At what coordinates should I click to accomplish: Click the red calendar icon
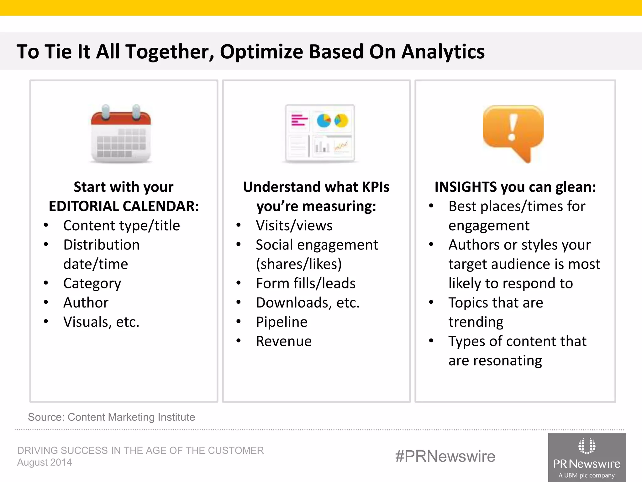[x=121, y=134]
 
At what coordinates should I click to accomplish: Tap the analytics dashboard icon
[x=320, y=134]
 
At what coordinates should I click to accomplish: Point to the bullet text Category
[x=92, y=284]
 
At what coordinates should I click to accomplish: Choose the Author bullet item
[x=86, y=303]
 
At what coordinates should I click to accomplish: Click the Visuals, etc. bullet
[x=101, y=322]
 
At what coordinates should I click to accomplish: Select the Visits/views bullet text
[x=294, y=226]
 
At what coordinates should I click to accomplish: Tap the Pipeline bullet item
[x=282, y=322]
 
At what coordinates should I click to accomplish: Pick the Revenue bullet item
[x=284, y=341]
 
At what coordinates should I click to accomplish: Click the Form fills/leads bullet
[x=306, y=284]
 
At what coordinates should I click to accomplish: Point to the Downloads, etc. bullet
[x=308, y=303]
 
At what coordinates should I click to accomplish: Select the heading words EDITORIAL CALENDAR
[x=124, y=206]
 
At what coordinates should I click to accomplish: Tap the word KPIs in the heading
[x=376, y=187]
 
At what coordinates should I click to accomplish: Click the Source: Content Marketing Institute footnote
[x=111, y=417]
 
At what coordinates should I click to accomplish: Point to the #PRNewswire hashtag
[x=445, y=456]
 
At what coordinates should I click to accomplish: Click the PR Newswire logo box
[x=587, y=458]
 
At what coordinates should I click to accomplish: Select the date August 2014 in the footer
[x=45, y=463]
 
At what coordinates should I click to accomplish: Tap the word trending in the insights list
[x=476, y=322]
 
